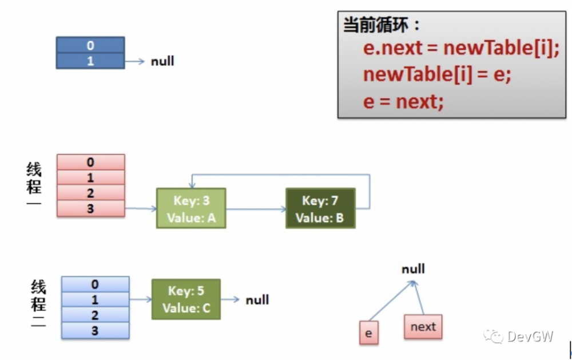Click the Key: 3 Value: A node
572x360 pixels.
click(x=191, y=208)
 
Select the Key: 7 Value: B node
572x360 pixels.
click(x=320, y=208)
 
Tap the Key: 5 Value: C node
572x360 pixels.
click(x=186, y=299)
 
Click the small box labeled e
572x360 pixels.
click(x=368, y=333)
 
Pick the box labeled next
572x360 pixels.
click(x=423, y=327)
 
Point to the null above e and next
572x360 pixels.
click(x=413, y=269)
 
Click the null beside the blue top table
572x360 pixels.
click(x=162, y=61)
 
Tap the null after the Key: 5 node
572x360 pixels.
click(x=257, y=300)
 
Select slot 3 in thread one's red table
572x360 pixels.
click(x=90, y=208)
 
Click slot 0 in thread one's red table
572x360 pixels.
click(x=90, y=162)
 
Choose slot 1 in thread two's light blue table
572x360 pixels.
click(x=95, y=299)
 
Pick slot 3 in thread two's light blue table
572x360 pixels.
click(x=95, y=330)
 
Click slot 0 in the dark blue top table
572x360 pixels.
click(x=90, y=45)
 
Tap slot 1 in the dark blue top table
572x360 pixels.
click(x=90, y=61)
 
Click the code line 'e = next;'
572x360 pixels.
click(x=403, y=102)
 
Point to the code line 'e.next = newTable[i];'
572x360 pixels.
click(x=460, y=48)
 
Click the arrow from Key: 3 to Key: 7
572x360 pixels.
click(x=256, y=209)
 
